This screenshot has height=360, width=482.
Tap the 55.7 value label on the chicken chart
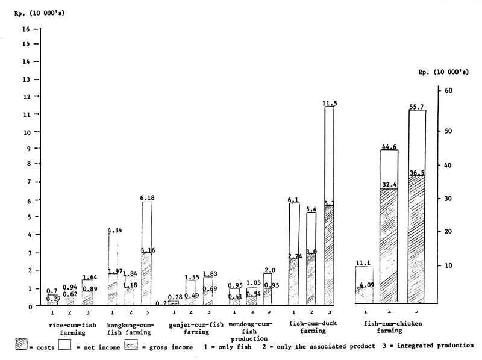(417, 106)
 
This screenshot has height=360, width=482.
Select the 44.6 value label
(389, 146)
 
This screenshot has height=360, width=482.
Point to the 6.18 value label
(146, 198)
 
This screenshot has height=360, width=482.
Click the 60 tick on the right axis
(448, 90)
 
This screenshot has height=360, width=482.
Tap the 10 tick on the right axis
(448, 265)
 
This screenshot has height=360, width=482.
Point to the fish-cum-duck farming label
(310, 329)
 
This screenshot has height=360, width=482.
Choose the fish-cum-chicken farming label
(393, 329)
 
